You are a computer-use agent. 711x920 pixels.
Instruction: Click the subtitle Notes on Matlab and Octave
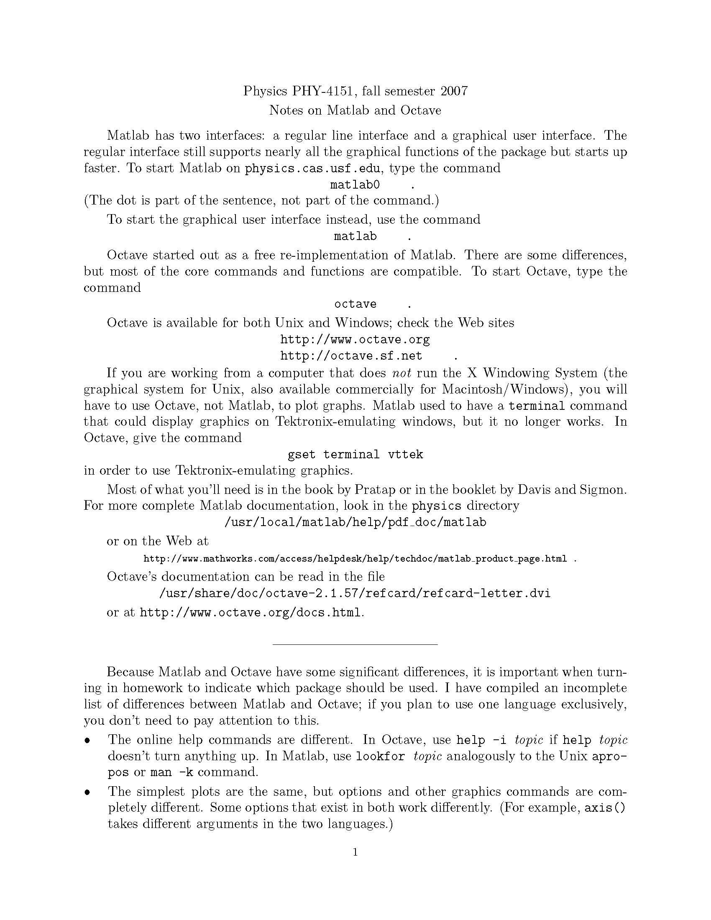click(x=355, y=110)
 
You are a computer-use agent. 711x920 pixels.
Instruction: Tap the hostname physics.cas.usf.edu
click(x=313, y=169)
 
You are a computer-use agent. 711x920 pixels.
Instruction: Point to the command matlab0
click(x=355, y=185)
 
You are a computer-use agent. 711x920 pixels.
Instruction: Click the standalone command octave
click(x=355, y=304)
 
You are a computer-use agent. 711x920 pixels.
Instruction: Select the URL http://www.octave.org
click(x=355, y=340)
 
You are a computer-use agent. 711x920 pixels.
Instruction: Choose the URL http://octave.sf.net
click(x=351, y=356)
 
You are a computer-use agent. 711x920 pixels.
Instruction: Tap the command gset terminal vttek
click(x=355, y=455)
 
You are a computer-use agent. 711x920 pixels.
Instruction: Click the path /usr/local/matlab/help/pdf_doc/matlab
click(x=355, y=523)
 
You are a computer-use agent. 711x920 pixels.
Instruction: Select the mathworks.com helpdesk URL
click(x=355, y=560)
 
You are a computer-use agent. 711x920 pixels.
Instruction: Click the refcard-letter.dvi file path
click(x=355, y=594)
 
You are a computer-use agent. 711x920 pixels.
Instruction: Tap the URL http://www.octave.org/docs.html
click(x=250, y=613)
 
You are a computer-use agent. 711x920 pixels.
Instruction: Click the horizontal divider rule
click(x=355, y=644)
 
